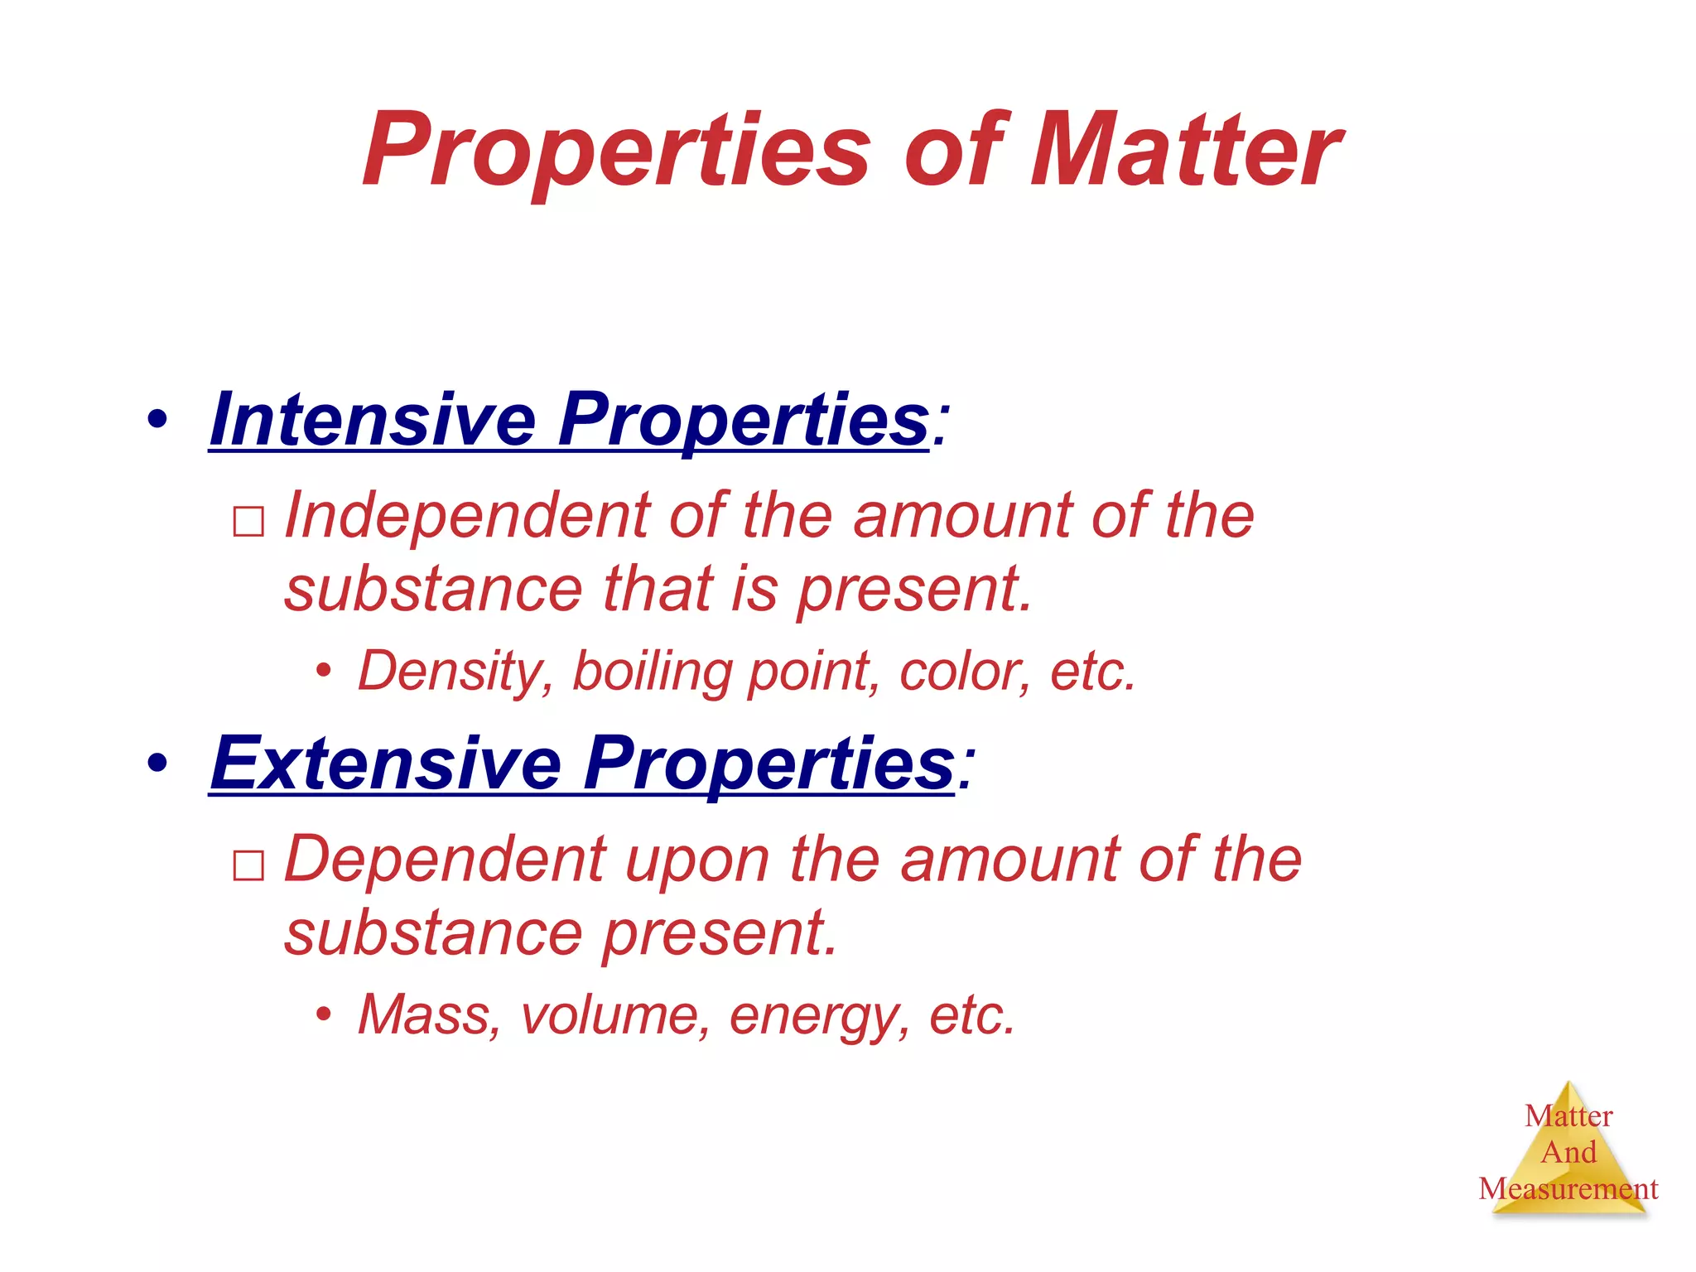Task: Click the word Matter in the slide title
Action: point(1184,151)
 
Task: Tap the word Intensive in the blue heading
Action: point(373,420)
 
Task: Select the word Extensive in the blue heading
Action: point(386,764)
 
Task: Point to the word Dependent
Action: point(446,860)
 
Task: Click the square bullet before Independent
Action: point(248,523)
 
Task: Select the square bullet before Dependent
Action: point(248,866)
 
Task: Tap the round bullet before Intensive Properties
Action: point(157,420)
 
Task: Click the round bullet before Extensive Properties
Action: point(157,764)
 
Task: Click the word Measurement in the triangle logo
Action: point(1568,1189)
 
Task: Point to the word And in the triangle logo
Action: point(1568,1152)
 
